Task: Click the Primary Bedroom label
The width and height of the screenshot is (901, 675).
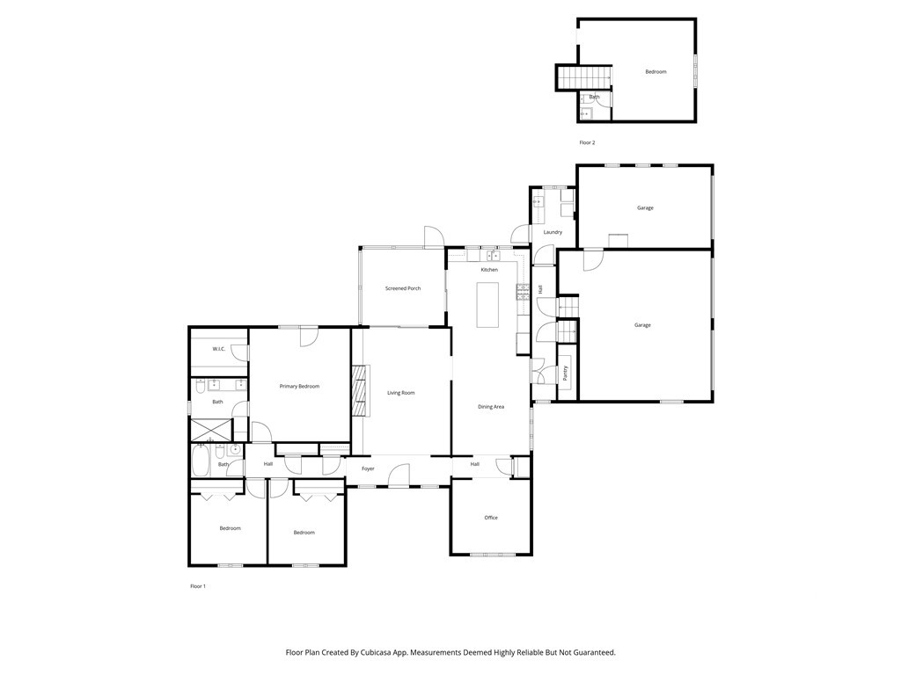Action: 299,387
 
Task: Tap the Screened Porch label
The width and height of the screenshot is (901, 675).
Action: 403,288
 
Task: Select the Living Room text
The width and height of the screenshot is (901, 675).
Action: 400,393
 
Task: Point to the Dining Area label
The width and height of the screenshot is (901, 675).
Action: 491,406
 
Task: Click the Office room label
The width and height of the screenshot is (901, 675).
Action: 491,517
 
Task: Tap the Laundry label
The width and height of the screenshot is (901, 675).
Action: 553,232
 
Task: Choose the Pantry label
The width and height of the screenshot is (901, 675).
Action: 566,373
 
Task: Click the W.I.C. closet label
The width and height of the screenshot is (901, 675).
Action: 219,348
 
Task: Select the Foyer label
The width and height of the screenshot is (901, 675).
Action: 368,468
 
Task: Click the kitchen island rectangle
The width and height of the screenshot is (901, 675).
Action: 487,304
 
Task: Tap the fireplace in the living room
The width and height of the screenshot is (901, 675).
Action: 361,389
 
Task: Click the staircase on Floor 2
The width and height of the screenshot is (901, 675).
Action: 583,77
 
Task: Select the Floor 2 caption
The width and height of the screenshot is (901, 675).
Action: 587,142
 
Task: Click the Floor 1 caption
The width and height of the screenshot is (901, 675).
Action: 198,586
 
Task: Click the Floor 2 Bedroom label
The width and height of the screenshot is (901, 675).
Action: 656,72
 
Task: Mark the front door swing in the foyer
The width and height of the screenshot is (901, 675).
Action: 399,475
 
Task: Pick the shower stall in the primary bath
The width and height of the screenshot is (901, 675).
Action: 211,429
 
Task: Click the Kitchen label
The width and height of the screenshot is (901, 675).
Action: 489,269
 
